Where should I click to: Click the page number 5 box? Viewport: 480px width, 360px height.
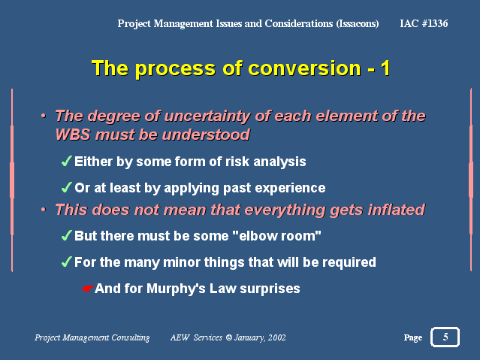click(x=445, y=337)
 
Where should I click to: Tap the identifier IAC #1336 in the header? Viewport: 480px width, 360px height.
click(x=424, y=23)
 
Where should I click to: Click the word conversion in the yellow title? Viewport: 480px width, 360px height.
click(x=304, y=68)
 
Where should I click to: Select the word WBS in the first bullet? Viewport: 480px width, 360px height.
click(x=73, y=135)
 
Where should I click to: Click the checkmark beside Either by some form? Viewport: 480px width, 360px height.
click(x=67, y=161)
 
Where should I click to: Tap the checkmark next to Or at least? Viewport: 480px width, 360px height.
click(x=67, y=187)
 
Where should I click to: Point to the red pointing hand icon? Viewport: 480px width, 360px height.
click(x=88, y=289)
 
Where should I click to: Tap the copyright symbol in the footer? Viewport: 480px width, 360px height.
click(x=228, y=337)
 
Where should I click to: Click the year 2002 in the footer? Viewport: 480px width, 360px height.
click(x=276, y=337)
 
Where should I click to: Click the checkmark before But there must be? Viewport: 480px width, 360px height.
click(x=67, y=235)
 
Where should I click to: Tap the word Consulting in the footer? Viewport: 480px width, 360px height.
click(x=131, y=337)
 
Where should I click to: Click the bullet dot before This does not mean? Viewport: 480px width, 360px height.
click(x=44, y=210)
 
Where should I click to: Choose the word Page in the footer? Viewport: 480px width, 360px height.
click(x=413, y=337)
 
